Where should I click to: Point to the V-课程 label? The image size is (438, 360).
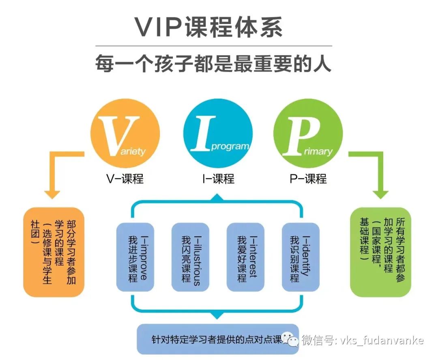pos(124,179)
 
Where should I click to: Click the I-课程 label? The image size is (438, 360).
pos(218,179)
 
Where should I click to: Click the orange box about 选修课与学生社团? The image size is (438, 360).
pos(54,252)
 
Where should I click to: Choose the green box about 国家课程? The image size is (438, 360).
pos(380,252)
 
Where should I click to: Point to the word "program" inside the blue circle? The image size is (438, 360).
pos(230,146)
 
